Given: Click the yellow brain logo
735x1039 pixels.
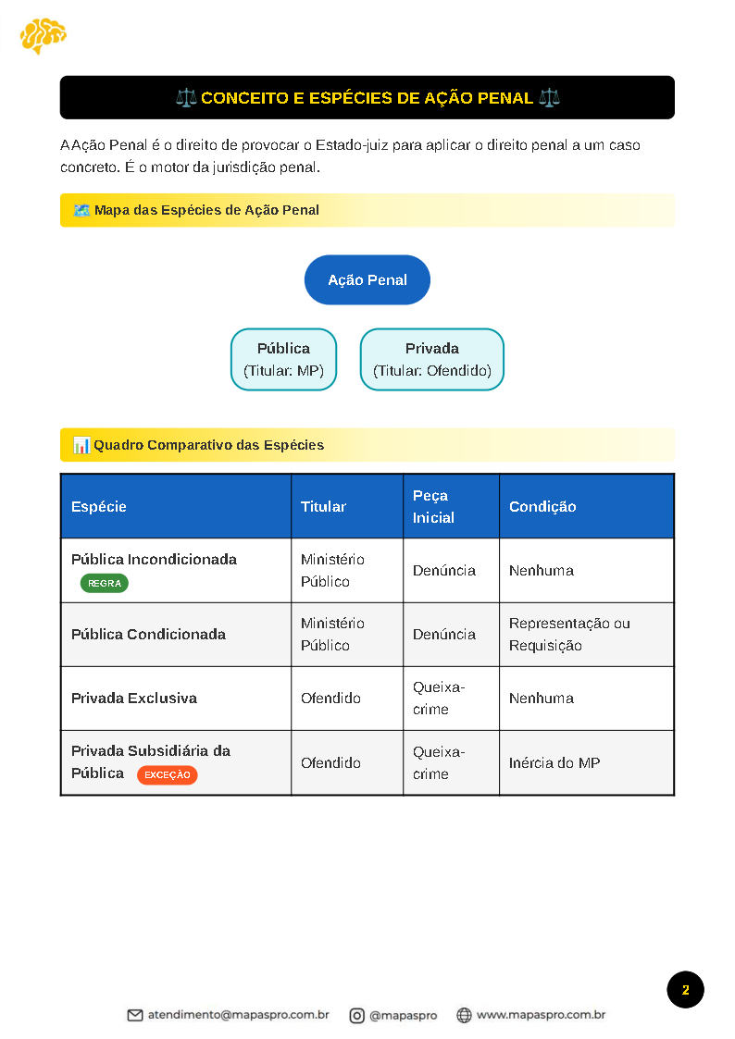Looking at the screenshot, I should pyautogui.click(x=43, y=35).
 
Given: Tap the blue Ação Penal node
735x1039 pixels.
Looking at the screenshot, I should pyautogui.click(x=367, y=279).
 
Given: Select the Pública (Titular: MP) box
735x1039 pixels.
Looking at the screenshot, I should pyautogui.click(x=283, y=360).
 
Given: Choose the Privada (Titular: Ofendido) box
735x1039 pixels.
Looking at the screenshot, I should pyautogui.click(x=432, y=360).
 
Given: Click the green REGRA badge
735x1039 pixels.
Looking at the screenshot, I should pyautogui.click(x=105, y=584).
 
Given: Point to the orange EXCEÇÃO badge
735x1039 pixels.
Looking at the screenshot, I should pyautogui.click(x=167, y=774).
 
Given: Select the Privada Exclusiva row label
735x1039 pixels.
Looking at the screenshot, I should pyautogui.click(x=134, y=699).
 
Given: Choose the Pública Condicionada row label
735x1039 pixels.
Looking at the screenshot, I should pyautogui.click(x=148, y=634).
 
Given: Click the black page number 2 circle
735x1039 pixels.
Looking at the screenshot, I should pyautogui.click(x=685, y=990).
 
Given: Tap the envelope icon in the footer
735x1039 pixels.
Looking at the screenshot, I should pyautogui.click(x=135, y=1015).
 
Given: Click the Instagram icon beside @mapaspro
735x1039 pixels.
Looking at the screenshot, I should pyautogui.click(x=356, y=1015).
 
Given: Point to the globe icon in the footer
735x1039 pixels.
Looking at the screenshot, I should pyautogui.click(x=464, y=1015).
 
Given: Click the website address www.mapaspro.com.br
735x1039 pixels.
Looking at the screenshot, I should pyautogui.click(x=541, y=1015).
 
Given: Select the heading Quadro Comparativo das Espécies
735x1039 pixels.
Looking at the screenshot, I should pyautogui.click(x=208, y=445).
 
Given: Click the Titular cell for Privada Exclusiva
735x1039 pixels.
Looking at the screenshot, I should pyautogui.click(x=330, y=699).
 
